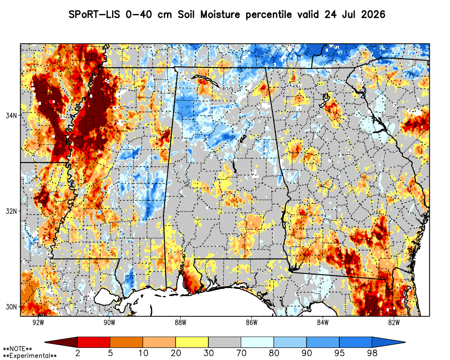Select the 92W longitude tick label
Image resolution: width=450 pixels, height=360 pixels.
[38, 323]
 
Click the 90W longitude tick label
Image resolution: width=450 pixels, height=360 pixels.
[109, 323]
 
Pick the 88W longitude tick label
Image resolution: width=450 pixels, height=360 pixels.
[180, 323]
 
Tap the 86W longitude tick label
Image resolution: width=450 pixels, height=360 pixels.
[252, 323]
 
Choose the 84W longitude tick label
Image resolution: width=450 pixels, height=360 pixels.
[323, 323]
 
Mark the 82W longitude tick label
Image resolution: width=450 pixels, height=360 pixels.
[394, 323]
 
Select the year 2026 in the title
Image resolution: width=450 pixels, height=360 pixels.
[373, 14]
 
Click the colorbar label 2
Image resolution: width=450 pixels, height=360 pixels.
[77, 353]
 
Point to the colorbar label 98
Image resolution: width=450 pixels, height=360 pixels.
[372, 353]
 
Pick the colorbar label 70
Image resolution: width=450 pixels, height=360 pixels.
[241, 353]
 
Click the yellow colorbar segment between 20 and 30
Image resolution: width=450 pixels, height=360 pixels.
[192, 342]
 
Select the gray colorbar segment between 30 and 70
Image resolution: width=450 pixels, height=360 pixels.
[225, 342]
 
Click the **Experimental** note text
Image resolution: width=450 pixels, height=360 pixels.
[30, 356]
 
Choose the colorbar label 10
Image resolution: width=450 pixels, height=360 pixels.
[143, 353]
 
